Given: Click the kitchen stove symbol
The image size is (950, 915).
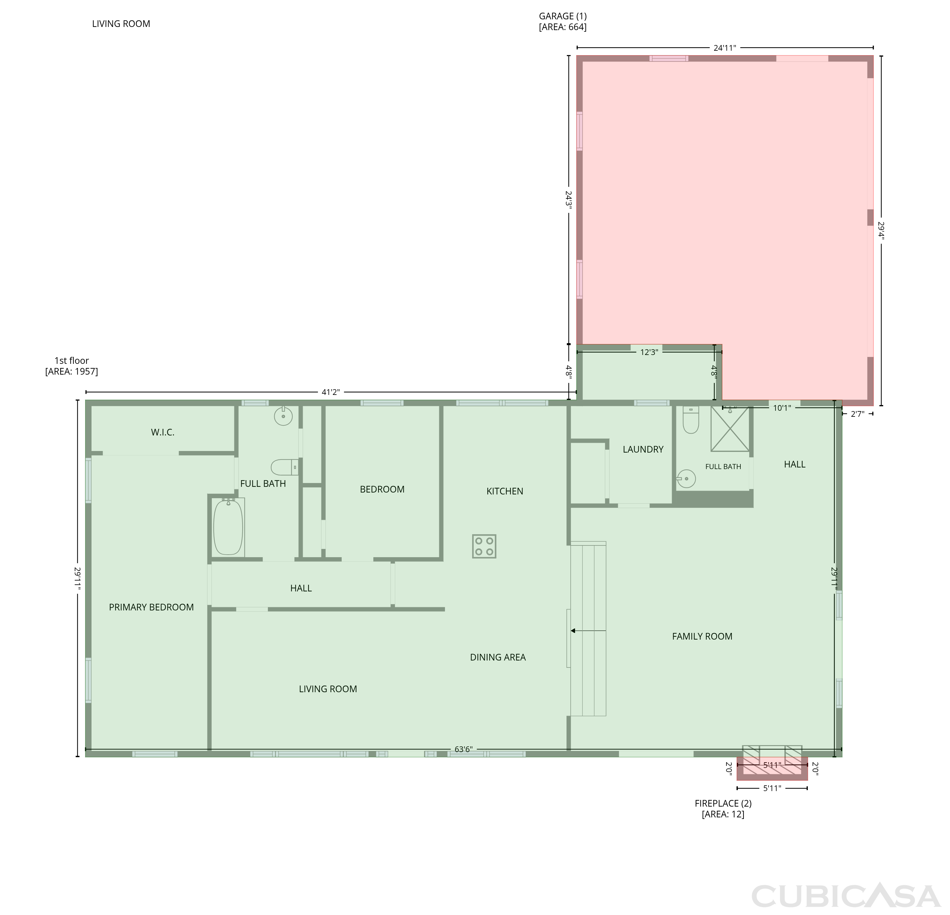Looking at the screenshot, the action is [484, 546].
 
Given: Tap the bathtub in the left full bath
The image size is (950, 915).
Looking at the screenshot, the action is [228, 527].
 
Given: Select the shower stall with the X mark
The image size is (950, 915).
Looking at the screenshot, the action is [730, 429].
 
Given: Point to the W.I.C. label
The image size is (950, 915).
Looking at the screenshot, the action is [163, 432].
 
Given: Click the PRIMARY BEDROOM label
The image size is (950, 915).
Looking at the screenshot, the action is [151, 608].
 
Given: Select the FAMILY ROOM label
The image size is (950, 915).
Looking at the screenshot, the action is [702, 636].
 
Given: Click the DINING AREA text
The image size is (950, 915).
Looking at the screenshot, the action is [498, 657].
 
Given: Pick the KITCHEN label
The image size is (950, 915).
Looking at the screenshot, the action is [505, 492].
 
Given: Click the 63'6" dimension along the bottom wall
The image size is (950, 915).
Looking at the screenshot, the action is [463, 750].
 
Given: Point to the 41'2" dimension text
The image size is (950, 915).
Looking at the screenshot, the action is [331, 392].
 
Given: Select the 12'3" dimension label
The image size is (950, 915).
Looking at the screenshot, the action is [649, 352].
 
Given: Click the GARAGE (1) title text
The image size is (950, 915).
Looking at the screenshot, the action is [563, 16].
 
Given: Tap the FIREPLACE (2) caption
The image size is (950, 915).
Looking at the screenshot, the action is [723, 803].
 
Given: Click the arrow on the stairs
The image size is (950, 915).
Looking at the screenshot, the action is [588, 631].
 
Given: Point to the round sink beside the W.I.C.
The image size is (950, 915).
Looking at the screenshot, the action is [283, 416].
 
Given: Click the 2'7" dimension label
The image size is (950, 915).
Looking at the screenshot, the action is [858, 414].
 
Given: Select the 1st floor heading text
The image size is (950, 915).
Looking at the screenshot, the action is [72, 360].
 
